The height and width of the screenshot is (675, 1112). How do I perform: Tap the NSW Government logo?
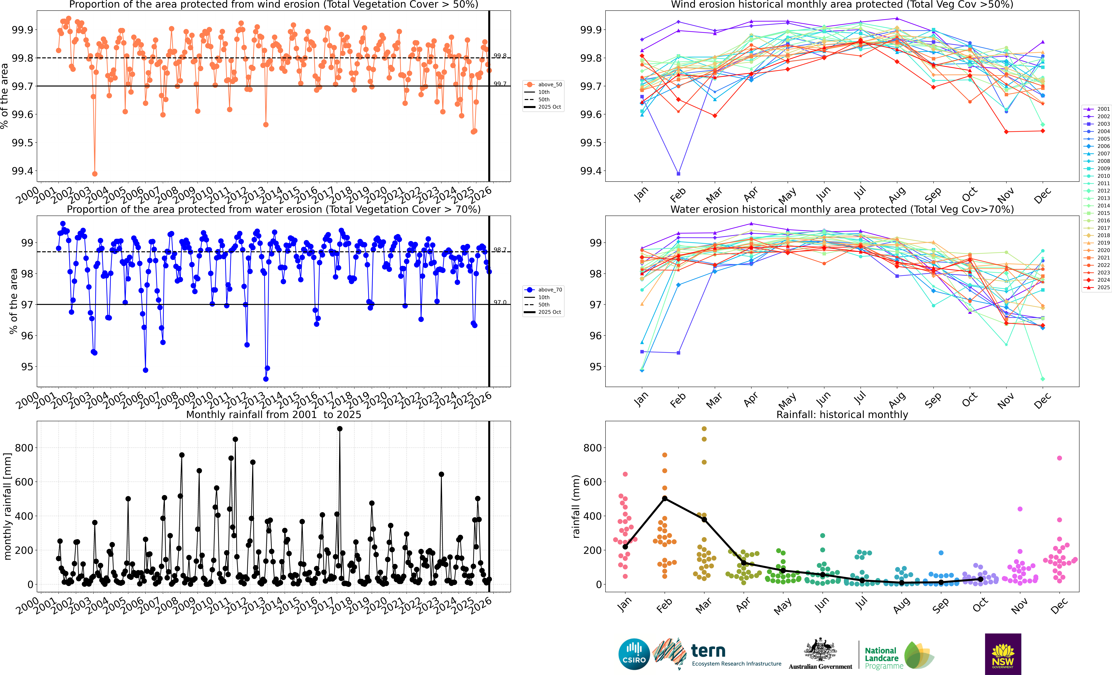point(1003,654)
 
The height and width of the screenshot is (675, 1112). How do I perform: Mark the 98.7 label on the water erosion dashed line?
point(500,250)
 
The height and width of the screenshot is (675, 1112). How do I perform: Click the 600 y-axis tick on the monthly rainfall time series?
point(24,482)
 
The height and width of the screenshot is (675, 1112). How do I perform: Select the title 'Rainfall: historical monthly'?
point(842,414)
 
